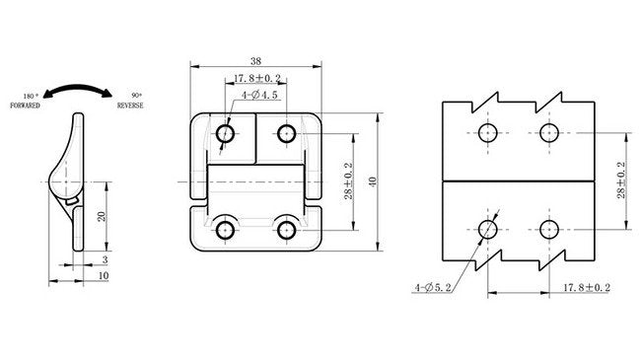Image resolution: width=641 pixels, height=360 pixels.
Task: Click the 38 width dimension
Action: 254,58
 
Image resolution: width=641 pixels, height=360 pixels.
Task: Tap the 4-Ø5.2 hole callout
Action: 434,287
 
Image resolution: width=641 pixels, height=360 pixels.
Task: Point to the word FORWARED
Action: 26,104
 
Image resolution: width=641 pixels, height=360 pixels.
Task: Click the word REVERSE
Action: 132,104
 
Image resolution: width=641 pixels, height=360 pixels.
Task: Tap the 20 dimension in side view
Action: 101,215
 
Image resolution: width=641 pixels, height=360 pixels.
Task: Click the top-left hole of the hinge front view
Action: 225,133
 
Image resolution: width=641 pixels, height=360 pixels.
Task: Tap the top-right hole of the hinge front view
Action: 287,133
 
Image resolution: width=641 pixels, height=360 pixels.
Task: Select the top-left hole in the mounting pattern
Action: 488,133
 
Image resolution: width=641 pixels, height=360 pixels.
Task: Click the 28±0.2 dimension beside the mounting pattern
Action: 620,180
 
